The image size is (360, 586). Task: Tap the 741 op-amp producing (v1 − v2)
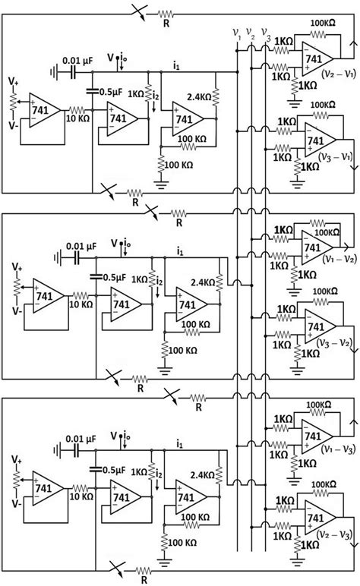pos(314,247)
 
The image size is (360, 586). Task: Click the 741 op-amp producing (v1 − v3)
pos(314,435)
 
